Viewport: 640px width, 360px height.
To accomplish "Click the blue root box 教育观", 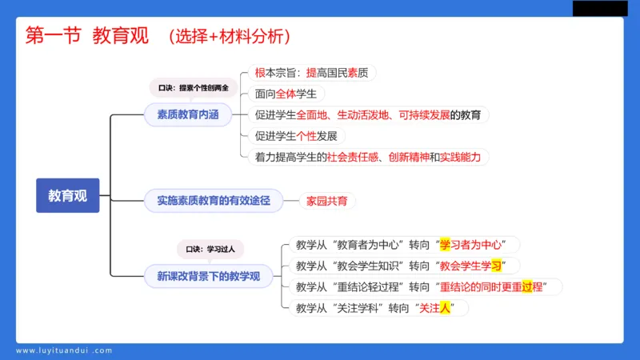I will pos(67,195).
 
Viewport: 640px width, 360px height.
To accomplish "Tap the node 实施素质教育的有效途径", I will pos(214,201).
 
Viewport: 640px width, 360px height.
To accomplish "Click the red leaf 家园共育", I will pos(327,201).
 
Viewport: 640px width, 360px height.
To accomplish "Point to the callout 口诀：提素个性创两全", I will pos(193,87).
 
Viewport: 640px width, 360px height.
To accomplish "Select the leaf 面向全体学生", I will pos(286,94).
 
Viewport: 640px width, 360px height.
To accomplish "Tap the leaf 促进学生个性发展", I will pos(295,136).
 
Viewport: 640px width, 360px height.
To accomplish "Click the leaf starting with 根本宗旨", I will pos(311,73).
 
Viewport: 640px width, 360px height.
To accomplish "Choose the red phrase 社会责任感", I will pos(354,157).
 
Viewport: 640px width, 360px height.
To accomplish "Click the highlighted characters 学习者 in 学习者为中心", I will pos(455,244).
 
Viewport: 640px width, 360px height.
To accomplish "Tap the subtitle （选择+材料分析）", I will pos(230,37).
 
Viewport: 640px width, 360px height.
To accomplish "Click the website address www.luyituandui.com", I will pos(64,350).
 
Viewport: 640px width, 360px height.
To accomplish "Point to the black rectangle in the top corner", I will pos(599,8).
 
